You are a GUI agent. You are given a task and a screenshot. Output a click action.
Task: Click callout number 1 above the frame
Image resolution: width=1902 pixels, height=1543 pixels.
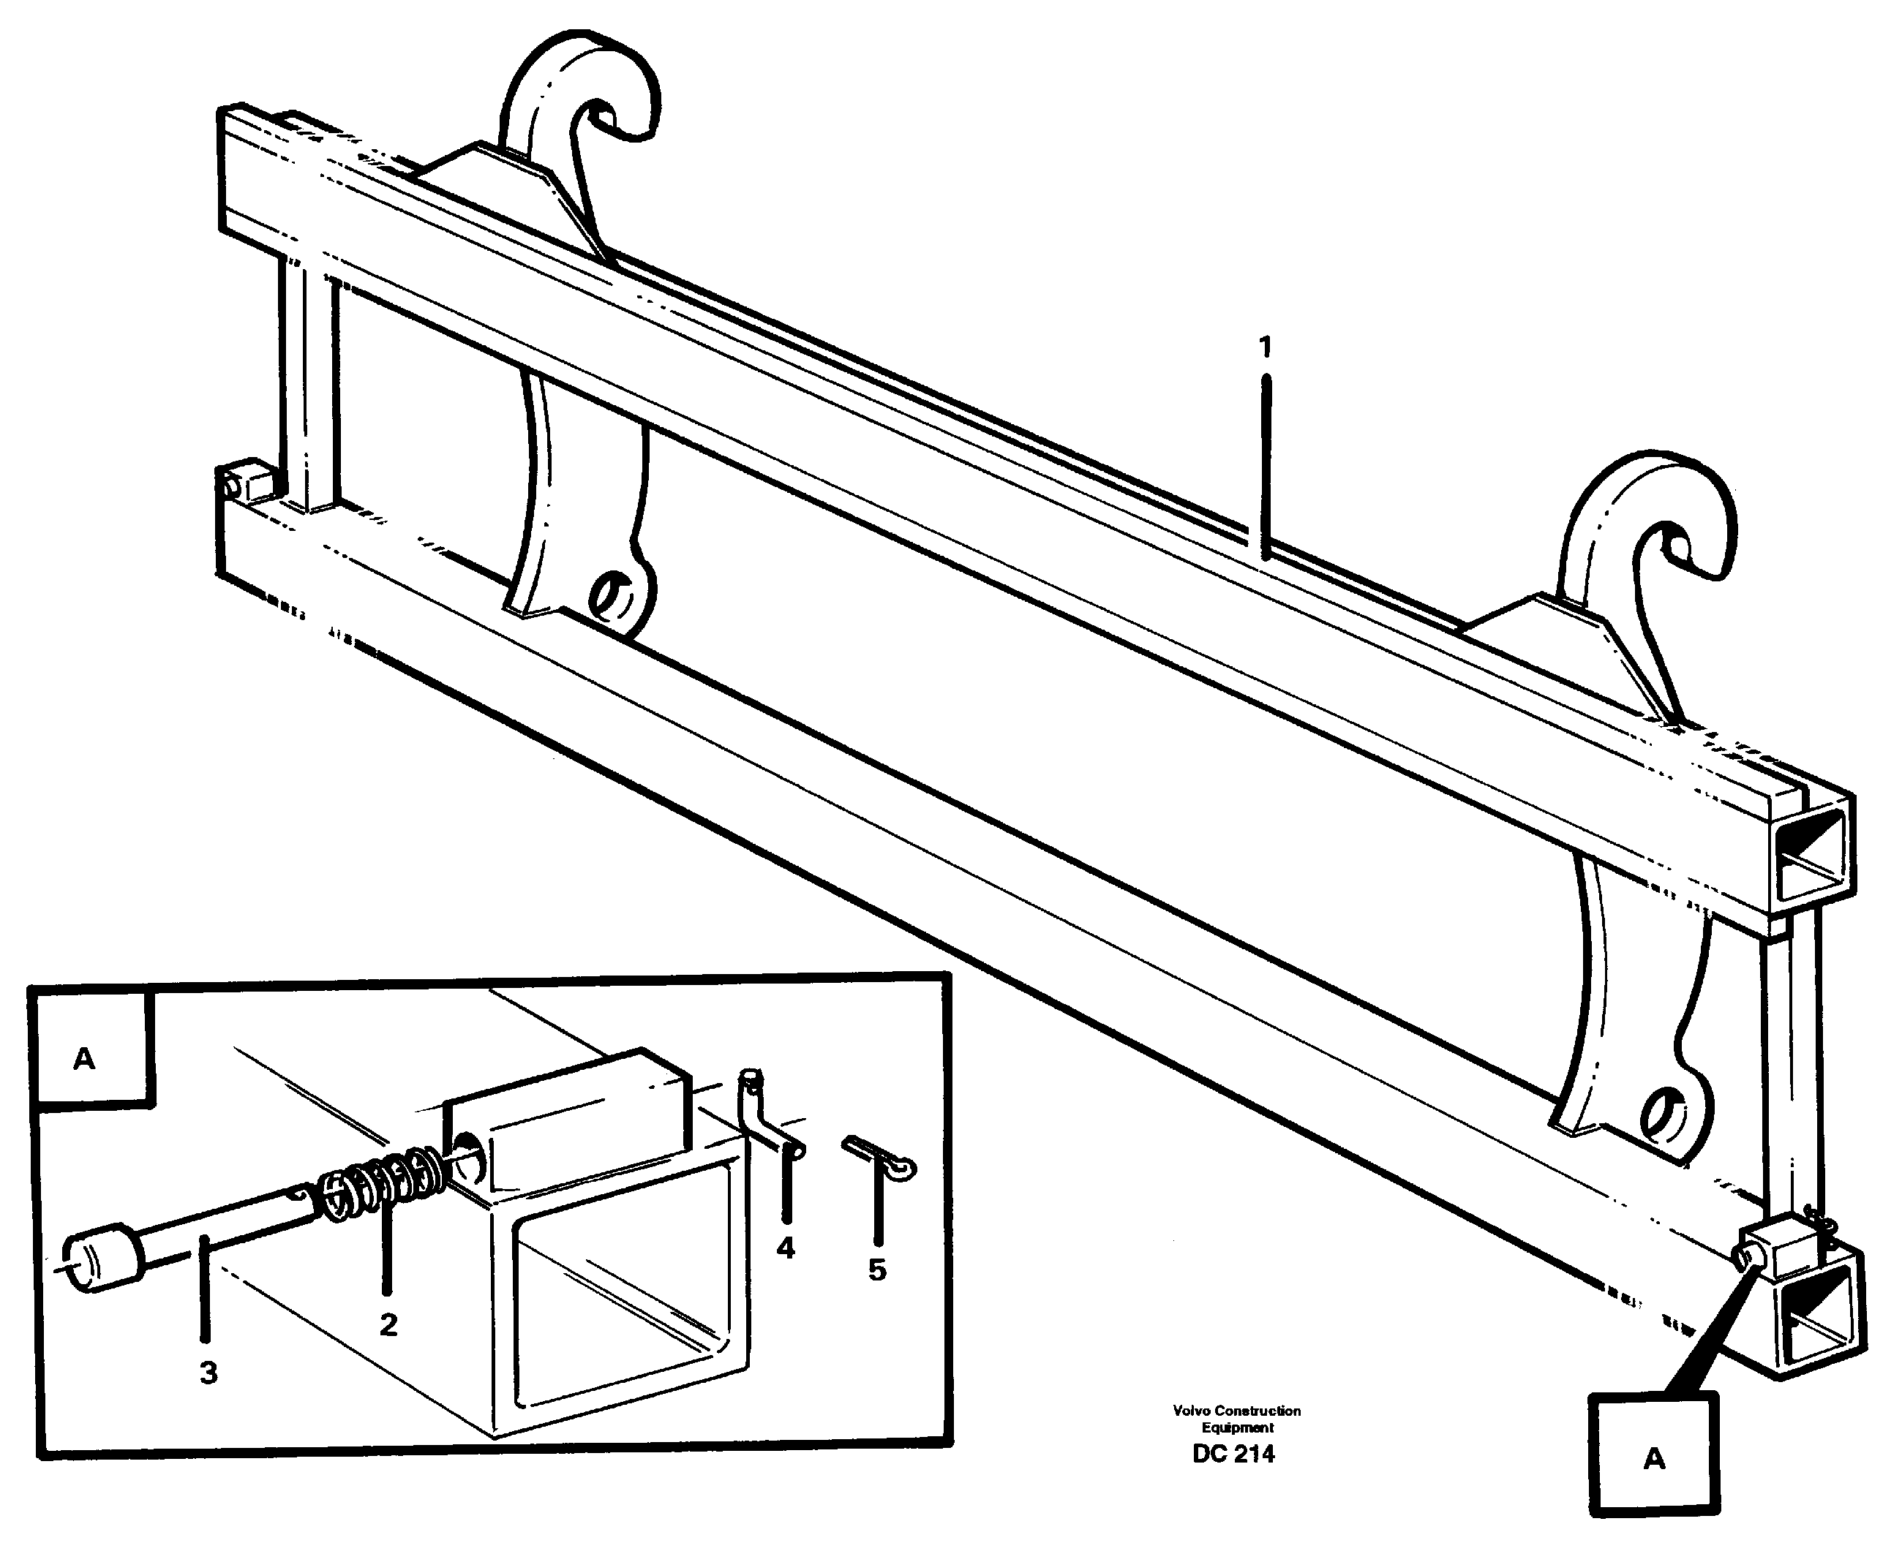pos(1264,347)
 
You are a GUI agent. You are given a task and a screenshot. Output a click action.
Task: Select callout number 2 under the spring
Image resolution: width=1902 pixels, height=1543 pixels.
pos(388,1325)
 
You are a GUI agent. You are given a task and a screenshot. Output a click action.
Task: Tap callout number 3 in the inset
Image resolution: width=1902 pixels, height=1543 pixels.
pos(208,1373)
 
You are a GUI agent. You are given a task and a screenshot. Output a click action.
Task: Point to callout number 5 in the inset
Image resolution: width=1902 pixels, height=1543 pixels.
pos(877,1270)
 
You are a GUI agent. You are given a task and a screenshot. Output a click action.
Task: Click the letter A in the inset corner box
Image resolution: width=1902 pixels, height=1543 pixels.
pos(84,1059)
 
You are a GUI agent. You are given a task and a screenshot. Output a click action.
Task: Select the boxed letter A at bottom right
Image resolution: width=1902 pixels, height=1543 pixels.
pos(1653,1459)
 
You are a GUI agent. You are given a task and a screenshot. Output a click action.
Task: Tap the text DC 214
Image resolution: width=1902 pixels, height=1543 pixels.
pos(1233,1454)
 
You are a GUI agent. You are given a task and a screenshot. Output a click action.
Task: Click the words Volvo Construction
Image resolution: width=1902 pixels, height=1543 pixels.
pos(1236,1411)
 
